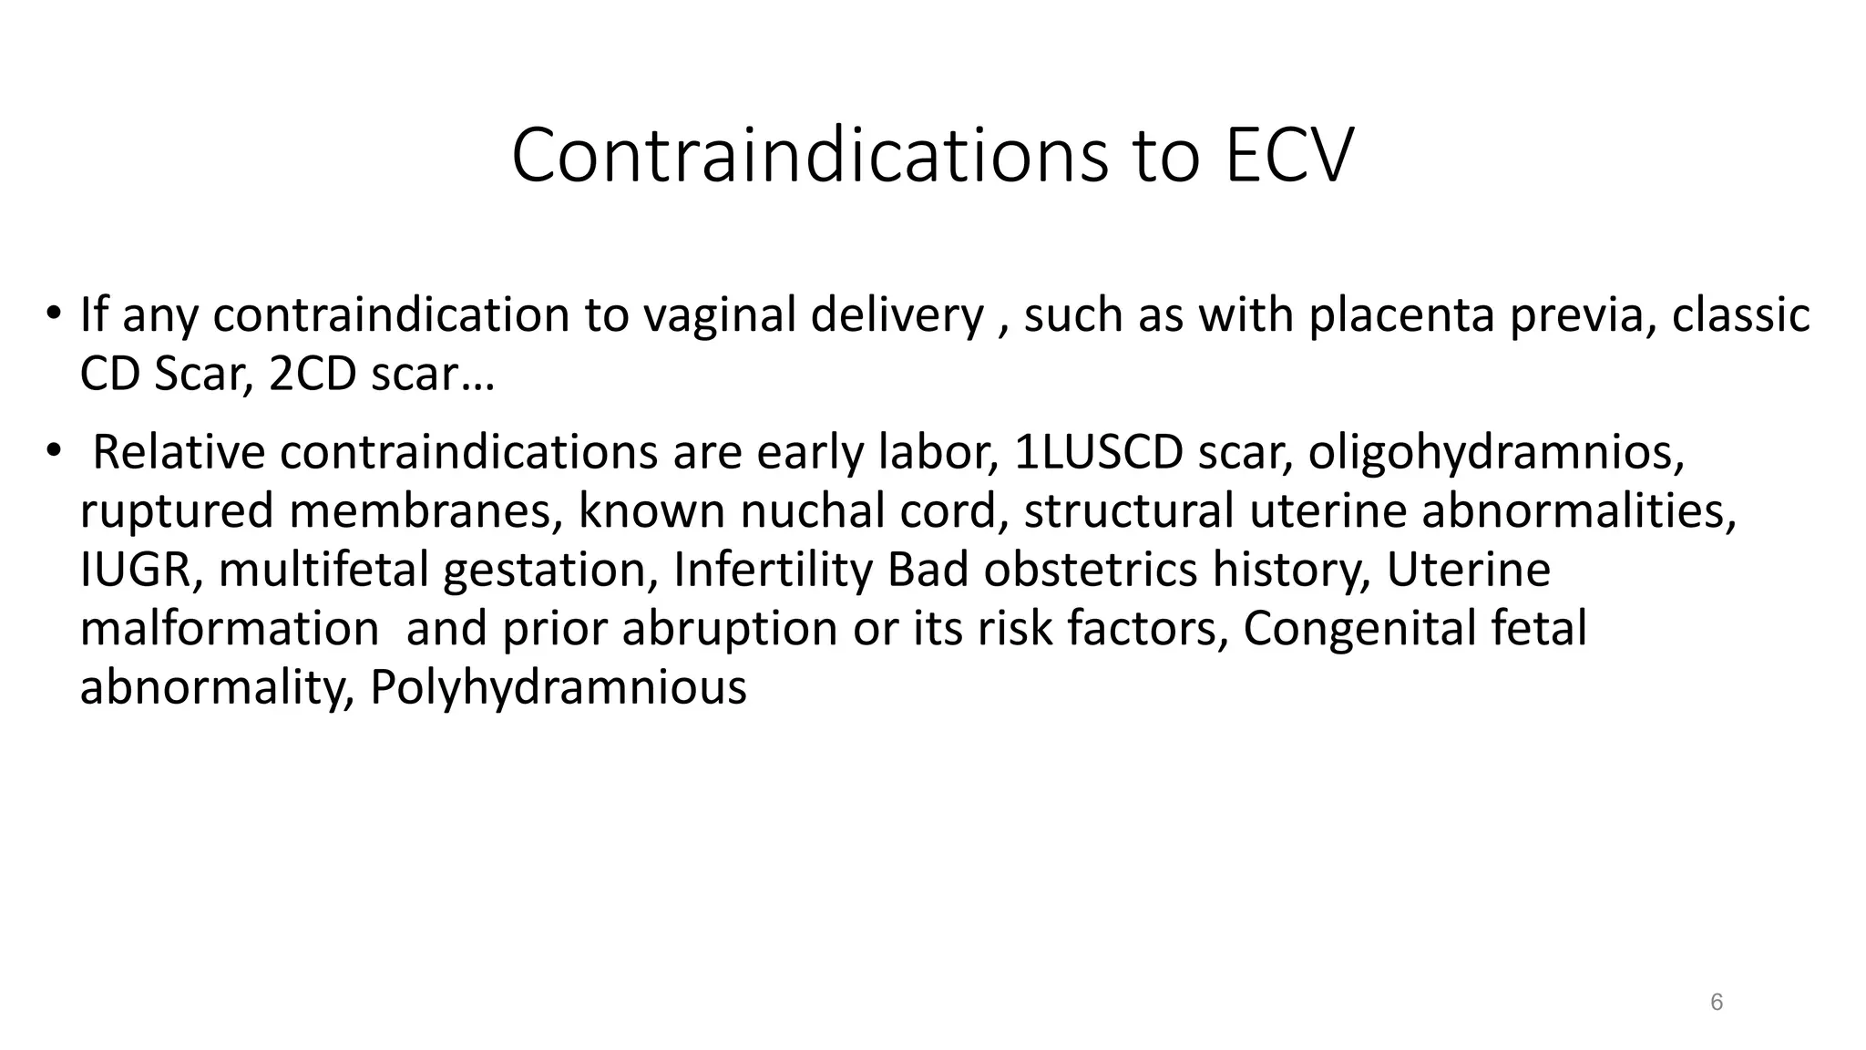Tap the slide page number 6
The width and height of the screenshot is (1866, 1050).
coord(1717,1003)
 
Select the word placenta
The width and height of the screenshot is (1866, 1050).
coord(1402,315)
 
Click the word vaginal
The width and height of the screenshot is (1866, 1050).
coord(719,315)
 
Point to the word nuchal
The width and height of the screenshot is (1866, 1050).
coord(812,510)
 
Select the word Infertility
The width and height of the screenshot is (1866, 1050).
coord(773,570)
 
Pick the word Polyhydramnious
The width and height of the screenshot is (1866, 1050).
coord(558,687)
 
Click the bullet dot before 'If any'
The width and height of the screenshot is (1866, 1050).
coord(54,312)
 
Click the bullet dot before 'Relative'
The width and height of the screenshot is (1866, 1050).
coord(54,448)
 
